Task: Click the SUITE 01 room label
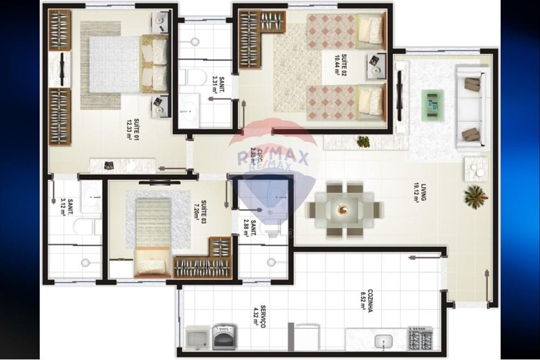tap(132, 128)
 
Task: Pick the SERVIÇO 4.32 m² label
tap(259, 315)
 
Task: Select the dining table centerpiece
tap(342, 209)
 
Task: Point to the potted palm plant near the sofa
tap(475, 196)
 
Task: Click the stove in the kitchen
tap(420, 338)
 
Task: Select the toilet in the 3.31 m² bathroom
tap(194, 77)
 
